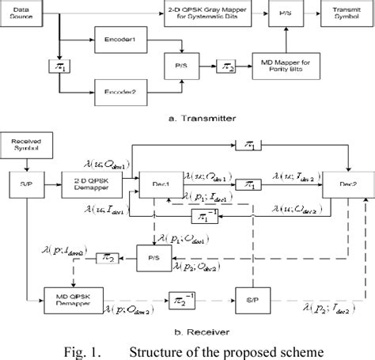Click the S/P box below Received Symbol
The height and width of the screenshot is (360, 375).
coord(25,190)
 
